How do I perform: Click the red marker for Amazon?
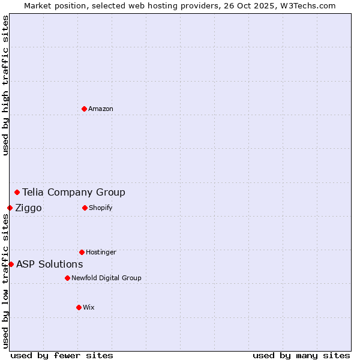(x=85, y=109)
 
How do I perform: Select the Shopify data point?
(x=85, y=208)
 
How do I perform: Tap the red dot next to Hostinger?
(x=82, y=252)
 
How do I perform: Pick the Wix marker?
(x=79, y=307)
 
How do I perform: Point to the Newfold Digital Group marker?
(x=67, y=278)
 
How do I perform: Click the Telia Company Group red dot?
(x=17, y=192)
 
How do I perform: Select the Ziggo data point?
(x=10, y=208)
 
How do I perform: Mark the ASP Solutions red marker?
(x=11, y=264)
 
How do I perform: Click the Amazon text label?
(x=101, y=109)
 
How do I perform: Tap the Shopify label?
(x=101, y=208)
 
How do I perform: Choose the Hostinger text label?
(x=101, y=252)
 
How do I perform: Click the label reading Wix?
(x=89, y=307)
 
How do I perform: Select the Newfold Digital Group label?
(x=106, y=278)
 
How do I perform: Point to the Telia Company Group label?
(x=74, y=192)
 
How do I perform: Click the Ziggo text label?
(x=28, y=208)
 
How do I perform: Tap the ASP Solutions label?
(x=49, y=264)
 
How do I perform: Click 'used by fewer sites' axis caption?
(x=62, y=355)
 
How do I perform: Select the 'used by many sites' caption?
(x=301, y=355)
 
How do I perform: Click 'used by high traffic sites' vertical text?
(x=5, y=85)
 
